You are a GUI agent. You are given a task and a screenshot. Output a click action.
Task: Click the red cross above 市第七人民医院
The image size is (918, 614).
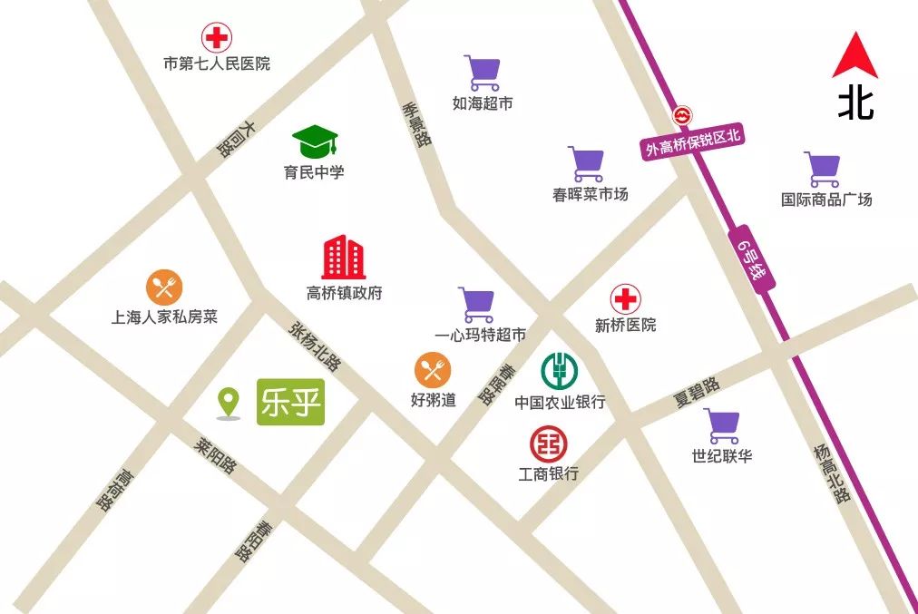click(216, 38)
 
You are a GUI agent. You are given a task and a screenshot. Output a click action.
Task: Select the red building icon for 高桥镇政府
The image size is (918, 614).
click(344, 258)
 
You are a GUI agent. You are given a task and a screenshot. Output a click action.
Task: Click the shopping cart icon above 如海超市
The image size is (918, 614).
click(482, 73)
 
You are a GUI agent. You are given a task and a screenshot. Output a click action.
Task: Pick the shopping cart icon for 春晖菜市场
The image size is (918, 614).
click(586, 164)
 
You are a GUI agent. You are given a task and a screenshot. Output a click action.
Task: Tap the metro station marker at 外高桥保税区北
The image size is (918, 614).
click(681, 116)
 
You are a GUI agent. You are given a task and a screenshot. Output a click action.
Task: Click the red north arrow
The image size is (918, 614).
click(855, 55)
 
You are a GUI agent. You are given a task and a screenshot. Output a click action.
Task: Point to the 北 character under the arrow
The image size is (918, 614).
click(855, 102)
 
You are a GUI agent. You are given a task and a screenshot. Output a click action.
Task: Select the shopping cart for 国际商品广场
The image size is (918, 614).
click(822, 170)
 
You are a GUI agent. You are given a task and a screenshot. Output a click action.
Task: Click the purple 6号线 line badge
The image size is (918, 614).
click(752, 258)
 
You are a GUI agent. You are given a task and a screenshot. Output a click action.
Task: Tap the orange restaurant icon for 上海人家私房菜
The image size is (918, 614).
click(164, 288)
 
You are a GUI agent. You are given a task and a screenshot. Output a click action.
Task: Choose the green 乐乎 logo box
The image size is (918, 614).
click(290, 402)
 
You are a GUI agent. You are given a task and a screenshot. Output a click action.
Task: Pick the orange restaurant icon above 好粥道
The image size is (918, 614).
click(433, 370)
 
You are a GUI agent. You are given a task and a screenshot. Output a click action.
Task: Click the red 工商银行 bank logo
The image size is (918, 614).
click(548, 443)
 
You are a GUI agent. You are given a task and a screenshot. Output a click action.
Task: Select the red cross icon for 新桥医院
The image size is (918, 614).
click(624, 299)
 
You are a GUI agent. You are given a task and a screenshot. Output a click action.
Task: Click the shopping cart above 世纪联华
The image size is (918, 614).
click(722, 426)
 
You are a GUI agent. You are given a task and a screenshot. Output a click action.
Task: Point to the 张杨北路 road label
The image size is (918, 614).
click(316, 346)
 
